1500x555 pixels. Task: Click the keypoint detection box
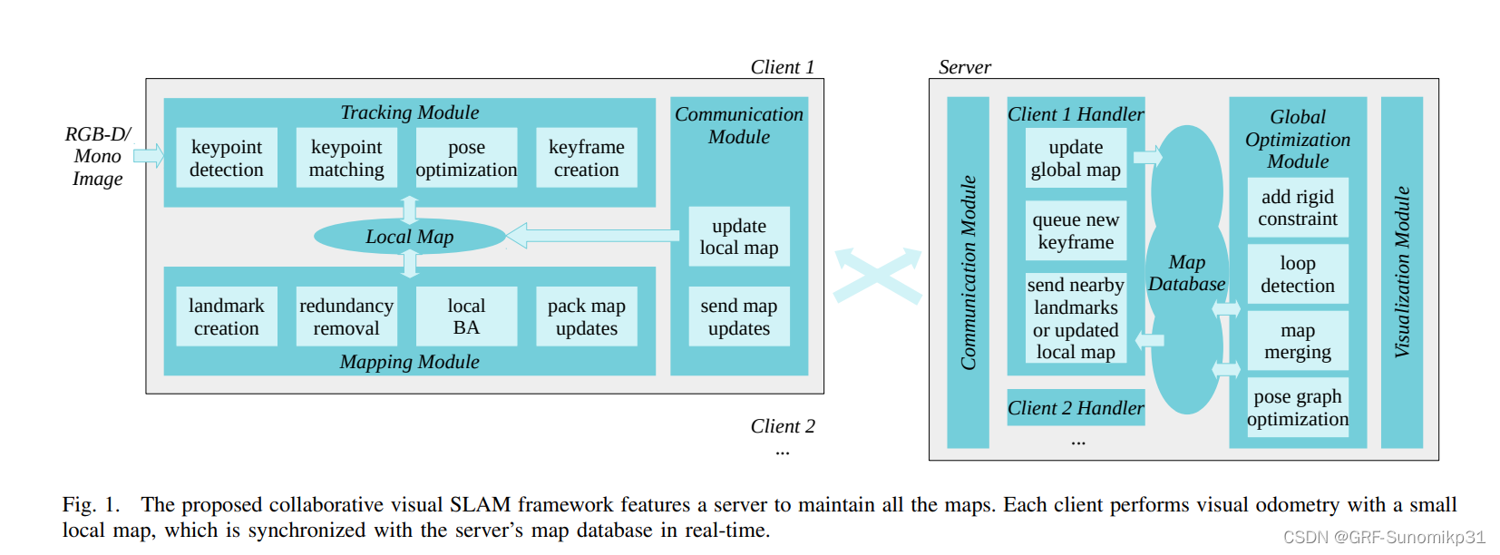[226, 158]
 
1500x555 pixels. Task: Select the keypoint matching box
[346, 158]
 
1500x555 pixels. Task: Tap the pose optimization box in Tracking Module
[466, 158]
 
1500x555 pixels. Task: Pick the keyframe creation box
[586, 158]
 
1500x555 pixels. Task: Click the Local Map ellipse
[409, 237]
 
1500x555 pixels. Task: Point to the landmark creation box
[226, 316]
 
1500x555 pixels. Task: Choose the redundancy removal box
[346, 316]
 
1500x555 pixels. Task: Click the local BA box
[466, 316]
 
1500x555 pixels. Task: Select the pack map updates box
[586, 316]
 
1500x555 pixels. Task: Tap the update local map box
[738, 237]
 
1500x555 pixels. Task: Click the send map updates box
[738, 316]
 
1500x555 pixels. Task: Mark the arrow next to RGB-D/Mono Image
[149, 155]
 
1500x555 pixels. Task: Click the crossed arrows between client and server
[878, 275]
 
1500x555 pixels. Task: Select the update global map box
[1076, 158]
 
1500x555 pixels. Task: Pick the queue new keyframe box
[1076, 230]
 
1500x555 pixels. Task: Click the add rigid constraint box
[1297, 208]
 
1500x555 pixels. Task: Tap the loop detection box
[1297, 274]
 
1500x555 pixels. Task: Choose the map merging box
[1297, 341]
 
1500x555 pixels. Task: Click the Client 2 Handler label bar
[1076, 408]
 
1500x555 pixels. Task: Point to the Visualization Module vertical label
[1401, 272]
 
